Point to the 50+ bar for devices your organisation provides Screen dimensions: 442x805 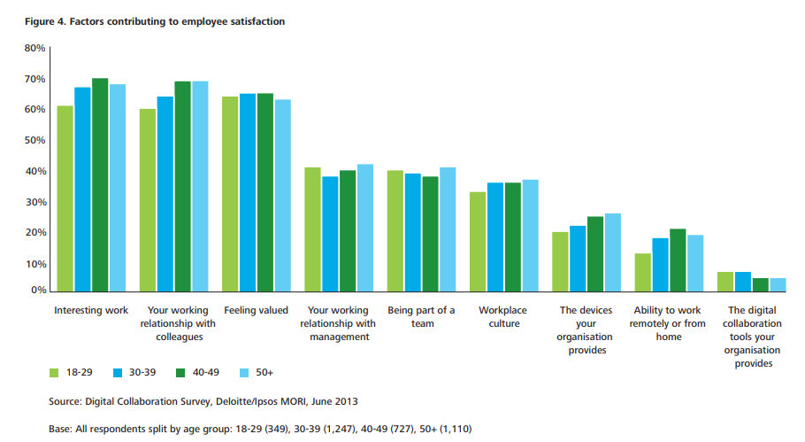pos(612,252)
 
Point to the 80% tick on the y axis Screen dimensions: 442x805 pos(34,49)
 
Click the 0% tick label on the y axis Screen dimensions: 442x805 pos(38,291)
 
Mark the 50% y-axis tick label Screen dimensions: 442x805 pos(34,141)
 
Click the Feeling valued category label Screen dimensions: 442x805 pos(257,311)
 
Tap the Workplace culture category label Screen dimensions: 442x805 pos(503,317)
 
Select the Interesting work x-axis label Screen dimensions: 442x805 pos(91,311)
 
